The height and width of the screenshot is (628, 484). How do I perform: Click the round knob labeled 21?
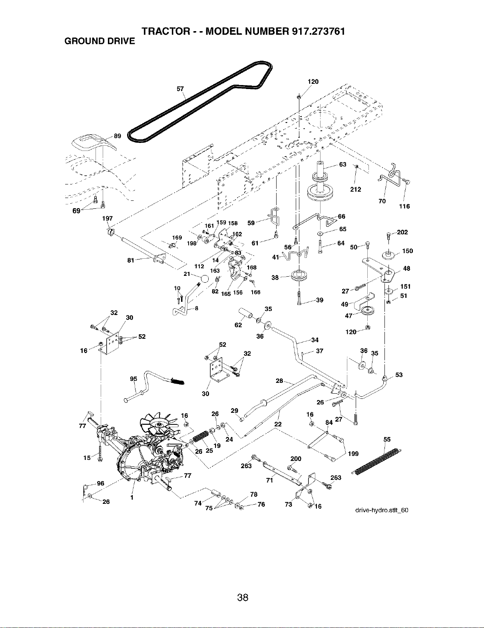[x=204, y=279]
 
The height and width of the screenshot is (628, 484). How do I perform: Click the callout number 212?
[x=356, y=190]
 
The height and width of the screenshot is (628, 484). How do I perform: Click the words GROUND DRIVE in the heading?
[x=100, y=41]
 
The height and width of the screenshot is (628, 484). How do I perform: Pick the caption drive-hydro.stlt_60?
[x=382, y=510]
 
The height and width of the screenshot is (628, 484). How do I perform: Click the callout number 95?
[x=133, y=379]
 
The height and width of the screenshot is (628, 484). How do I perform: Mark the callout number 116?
[x=404, y=206]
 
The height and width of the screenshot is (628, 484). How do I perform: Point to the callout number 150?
[x=407, y=251]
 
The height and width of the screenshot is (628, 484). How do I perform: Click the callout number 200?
[x=296, y=459]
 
